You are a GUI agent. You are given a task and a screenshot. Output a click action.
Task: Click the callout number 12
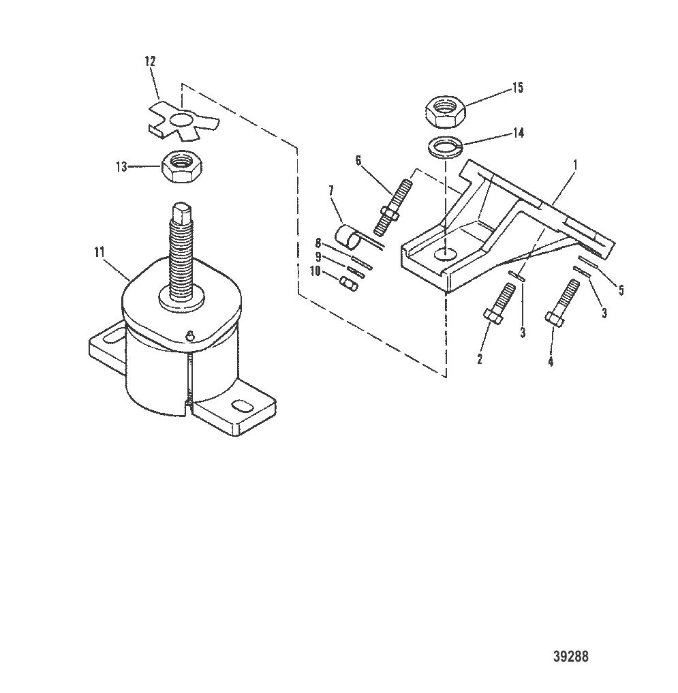point(150,61)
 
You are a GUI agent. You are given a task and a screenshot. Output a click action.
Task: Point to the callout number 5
point(620,290)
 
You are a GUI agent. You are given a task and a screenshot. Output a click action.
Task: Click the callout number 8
point(318,243)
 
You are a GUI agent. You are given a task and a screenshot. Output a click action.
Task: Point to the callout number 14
point(519,132)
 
